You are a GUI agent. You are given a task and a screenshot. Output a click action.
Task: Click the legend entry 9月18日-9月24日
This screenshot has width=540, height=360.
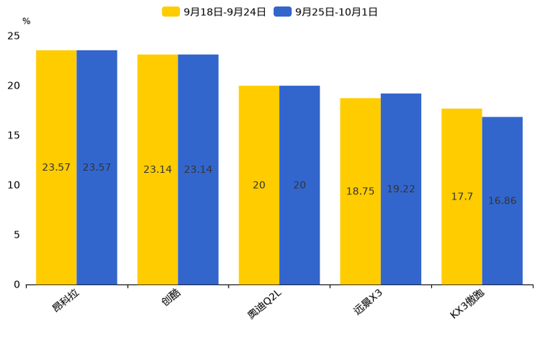(x=214, y=12)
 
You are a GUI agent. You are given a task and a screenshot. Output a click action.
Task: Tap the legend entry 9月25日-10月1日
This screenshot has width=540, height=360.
(x=326, y=12)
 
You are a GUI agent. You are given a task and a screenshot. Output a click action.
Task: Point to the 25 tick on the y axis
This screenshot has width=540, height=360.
(x=14, y=36)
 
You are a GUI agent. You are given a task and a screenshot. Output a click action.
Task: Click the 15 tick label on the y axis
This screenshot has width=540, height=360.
(x=14, y=135)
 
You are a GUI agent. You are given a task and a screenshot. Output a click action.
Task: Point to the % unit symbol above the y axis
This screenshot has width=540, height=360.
(x=26, y=22)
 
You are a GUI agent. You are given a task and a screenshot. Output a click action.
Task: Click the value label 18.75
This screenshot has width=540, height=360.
(x=360, y=192)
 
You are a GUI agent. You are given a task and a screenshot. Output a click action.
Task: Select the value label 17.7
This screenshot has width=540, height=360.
(x=462, y=197)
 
